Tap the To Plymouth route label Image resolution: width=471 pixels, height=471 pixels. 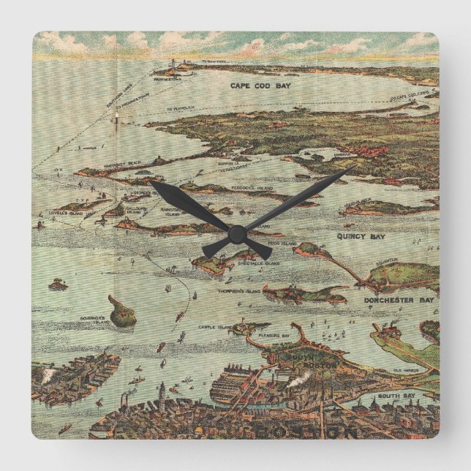(181, 108)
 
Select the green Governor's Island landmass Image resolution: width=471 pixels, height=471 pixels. (122, 315)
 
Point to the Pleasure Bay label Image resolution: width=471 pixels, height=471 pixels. (275, 336)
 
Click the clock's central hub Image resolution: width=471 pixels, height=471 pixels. (235, 234)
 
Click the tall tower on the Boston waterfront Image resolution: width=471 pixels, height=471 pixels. (162, 391)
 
